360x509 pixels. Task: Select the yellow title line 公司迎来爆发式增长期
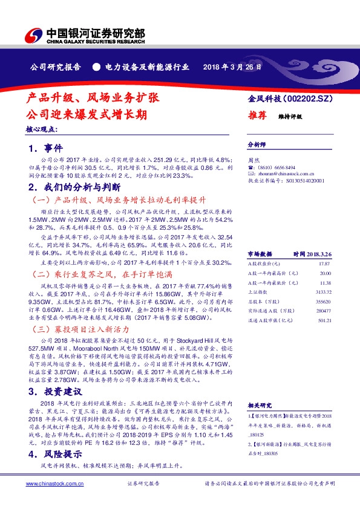click(x=86, y=114)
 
